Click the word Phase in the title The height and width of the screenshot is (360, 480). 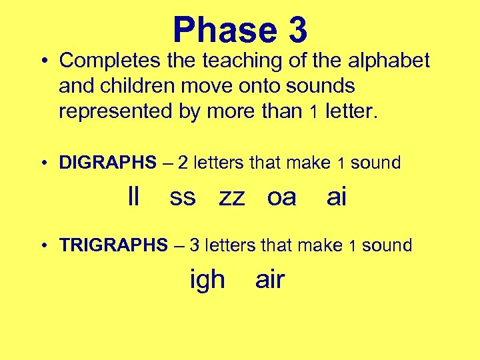(x=224, y=31)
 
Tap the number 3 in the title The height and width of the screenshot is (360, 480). (x=297, y=31)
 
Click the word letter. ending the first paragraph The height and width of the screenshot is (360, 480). (x=351, y=111)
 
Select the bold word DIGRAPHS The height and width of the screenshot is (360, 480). (x=106, y=163)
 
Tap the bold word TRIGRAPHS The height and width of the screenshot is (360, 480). (x=113, y=245)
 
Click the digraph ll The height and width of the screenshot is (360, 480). (x=133, y=197)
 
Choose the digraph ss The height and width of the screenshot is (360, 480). (x=183, y=197)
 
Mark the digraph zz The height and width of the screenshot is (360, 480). (x=232, y=197)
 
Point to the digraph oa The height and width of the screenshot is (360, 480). (x=281, y=197)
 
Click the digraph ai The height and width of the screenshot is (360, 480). (x=337, y=197)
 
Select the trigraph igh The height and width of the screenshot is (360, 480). (x=207, y=280)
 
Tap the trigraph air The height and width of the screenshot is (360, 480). (x=270, y=280)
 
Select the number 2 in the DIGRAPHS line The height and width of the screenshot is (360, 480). (x=182, y=163)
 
